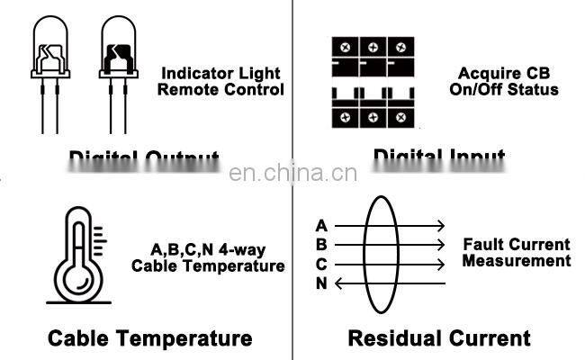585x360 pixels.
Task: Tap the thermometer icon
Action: tap(76, 256)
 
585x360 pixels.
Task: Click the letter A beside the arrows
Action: tap(321, 225)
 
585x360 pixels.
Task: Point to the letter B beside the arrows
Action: tap(321, 245)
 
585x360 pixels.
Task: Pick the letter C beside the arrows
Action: tap(321, 265)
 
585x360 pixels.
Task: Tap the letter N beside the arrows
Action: tap(321, 284)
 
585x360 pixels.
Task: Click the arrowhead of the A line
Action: tap(440, 225)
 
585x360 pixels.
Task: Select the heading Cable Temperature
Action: tap(149, 338)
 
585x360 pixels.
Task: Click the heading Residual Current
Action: tap(439, 338)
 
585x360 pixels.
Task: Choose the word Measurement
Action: tap(517, 261)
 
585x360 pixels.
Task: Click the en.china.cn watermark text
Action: tap(292, 174)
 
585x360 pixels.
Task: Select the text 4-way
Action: tap(239, 249)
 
